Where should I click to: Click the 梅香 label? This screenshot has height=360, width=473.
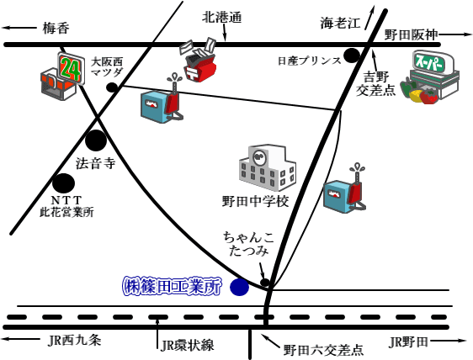56,29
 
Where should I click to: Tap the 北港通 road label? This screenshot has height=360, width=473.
222,17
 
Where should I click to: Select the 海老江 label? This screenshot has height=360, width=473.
340,23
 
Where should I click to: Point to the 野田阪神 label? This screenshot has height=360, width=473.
412,35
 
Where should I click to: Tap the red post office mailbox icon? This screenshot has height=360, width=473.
199,60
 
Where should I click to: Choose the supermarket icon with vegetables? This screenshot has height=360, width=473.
429,77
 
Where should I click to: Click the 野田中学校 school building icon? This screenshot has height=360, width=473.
268,167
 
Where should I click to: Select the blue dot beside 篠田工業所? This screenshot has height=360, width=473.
240,287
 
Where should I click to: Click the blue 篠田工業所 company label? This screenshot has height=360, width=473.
172,286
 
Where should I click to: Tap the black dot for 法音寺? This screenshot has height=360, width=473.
96,140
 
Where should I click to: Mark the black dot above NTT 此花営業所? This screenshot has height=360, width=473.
63,183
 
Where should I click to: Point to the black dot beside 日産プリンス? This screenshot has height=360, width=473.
352,56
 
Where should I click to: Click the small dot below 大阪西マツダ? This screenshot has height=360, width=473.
112,87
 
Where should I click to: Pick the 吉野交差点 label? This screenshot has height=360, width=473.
376,83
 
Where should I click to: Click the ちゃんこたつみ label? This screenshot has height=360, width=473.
248,244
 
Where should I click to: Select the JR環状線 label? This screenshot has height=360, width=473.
188,345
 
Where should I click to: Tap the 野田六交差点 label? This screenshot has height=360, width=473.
323,350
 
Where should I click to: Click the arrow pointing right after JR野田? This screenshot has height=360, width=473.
449,341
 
